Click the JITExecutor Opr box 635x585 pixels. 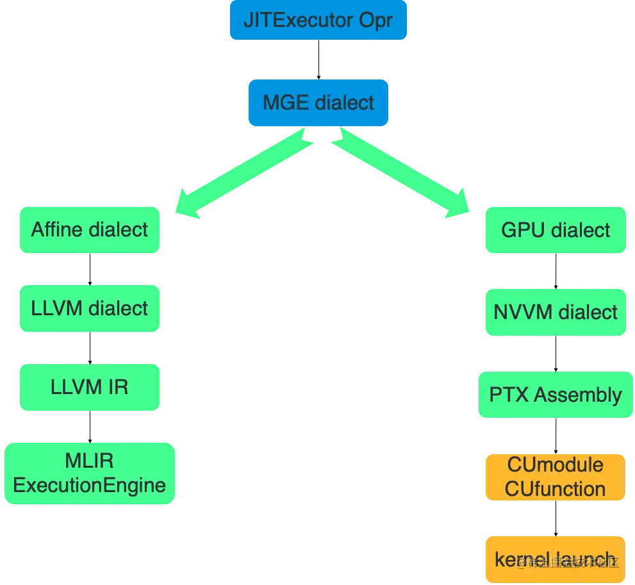click(318, 21)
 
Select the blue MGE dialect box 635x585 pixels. click(318, 103)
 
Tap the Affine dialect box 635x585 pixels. click(90, 230)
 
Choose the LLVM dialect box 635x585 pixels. click(90, 309)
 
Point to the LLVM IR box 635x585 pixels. click(90, 387)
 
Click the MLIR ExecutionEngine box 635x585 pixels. click(90, 473)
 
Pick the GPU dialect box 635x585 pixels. click(556, 231)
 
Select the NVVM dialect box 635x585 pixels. click(556, 313)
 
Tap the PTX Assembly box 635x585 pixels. click(556, 395)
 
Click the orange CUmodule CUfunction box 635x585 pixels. click(556, 477)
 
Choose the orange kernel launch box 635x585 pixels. click(556, 559)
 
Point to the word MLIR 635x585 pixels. click(90, 461)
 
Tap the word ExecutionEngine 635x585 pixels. click(90, 485)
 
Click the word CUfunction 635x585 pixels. click(556, 489)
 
